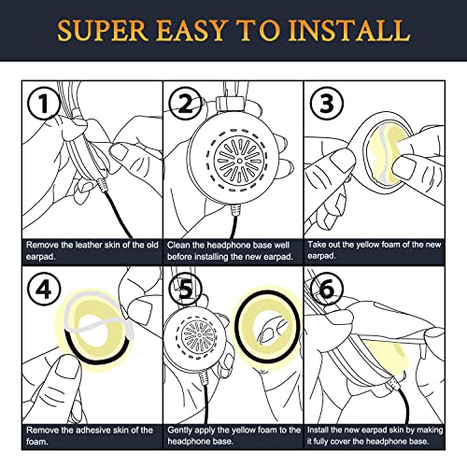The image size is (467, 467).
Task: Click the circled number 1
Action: click(x=43, y=103)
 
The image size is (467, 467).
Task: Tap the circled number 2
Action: click(x=185, y=103)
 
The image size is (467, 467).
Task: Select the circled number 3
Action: click(x=327, y=103)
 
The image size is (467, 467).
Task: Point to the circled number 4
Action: click(x=43, y=290)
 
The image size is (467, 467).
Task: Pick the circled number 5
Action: click(x=186, y=290)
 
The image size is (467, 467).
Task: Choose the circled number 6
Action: click(x=327, y=290)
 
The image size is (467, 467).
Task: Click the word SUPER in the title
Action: click(x=103, y=31)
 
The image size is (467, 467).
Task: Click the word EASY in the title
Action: click(x=191, y=31)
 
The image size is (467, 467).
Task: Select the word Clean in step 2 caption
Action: click(x=178, y=246)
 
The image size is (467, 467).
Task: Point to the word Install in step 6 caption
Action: click(x=318, y=430)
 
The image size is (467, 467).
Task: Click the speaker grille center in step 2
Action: click(x=239, y=161)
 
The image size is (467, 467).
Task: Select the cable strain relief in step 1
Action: click(x=102, y=184)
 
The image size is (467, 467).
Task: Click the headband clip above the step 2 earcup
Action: click(x=230, y=103)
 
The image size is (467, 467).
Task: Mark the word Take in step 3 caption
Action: click(x=316, y=245)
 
